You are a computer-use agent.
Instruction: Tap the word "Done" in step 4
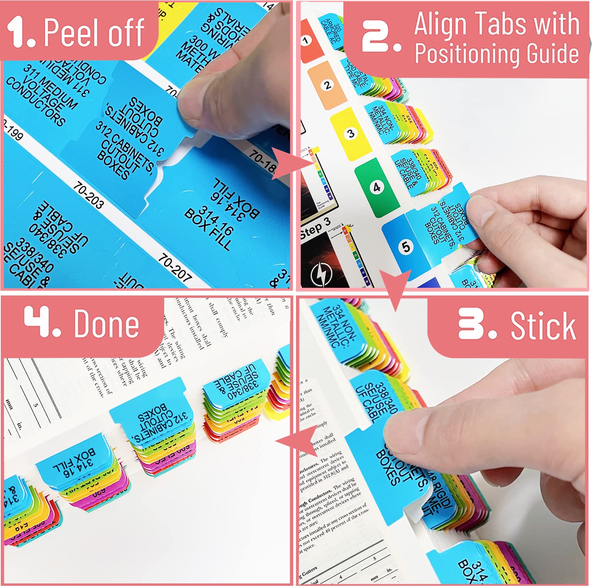coord(106,323)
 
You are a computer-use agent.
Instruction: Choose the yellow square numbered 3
coord(350,133)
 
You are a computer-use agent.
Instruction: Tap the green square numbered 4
coord(376,187)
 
